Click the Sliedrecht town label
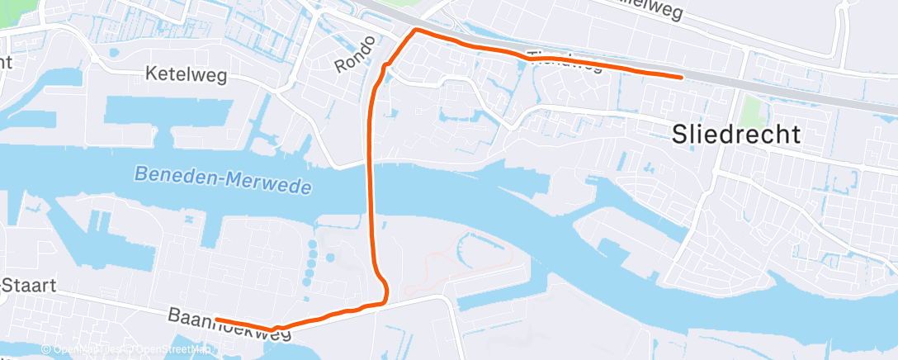point(736,135)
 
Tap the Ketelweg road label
point(186,74)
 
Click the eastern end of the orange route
point(681,77)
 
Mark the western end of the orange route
point(216,319)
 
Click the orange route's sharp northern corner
point(415,30)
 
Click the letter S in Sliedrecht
point(680,135)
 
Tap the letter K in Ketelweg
point(150,74)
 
